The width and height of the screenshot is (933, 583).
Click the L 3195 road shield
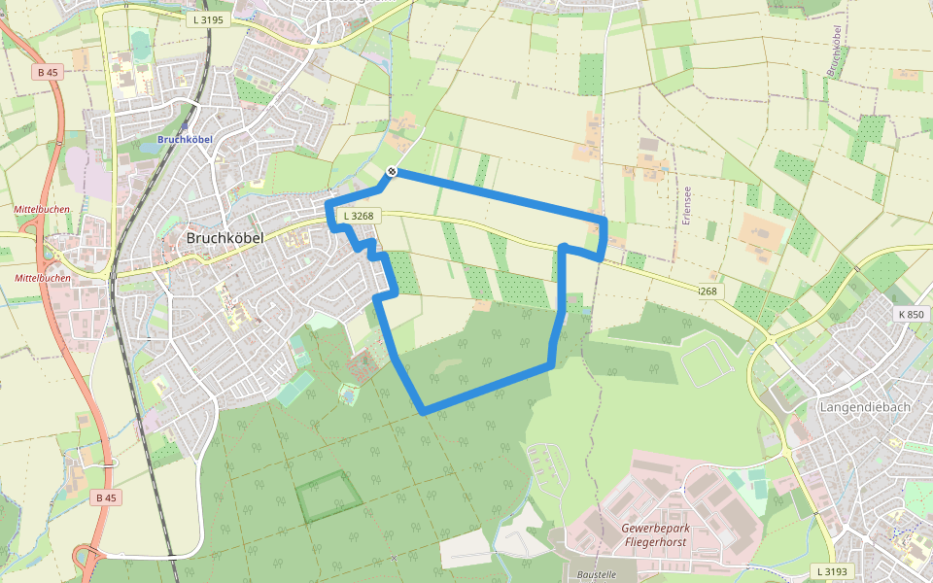pyautogui.click(x=208, y=19)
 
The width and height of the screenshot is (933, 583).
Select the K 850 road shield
pyautogui.click(x=912, y=314)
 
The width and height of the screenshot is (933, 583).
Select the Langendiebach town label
pyautogui.click(x=865, y=406)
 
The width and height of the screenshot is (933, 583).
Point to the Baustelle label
pyautogui.click(x=597, y=574)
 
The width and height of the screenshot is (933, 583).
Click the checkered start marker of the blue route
pyautogui.click(x=392, y=172)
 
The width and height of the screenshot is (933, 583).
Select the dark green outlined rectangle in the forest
pyautogui.click(x=328, y=497)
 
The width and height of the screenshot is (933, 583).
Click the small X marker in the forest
pyautogui.click(x=393, y=558)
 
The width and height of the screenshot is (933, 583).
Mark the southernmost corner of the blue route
pyautogui.click(x=423, y=412)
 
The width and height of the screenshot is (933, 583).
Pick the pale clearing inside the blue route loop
pyautogui.click(x=446, y=365)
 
